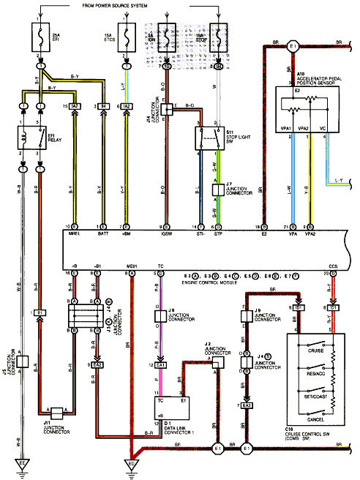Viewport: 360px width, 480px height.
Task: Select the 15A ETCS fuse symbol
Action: [x=127, y=34]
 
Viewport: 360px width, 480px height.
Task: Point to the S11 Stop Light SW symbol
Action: [x=208, y=136]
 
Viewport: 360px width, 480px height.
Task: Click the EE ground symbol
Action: [x=23, y=464]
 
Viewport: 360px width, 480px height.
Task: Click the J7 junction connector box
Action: [x=217, y=189]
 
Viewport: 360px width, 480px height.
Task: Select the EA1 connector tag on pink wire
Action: [x=160, y=364]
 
